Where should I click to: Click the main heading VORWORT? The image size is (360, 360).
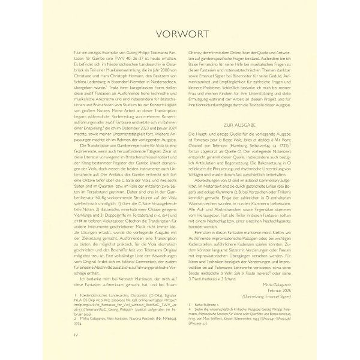click(x=180, y=34)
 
